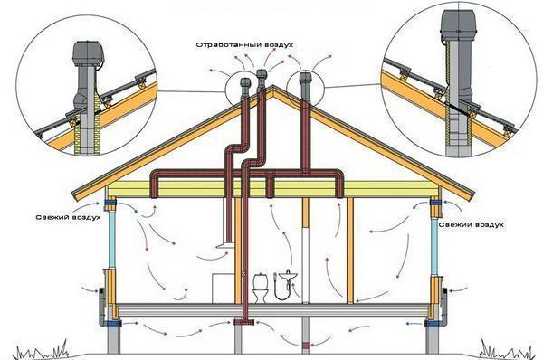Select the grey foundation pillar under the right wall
click(x=433, y=338)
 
